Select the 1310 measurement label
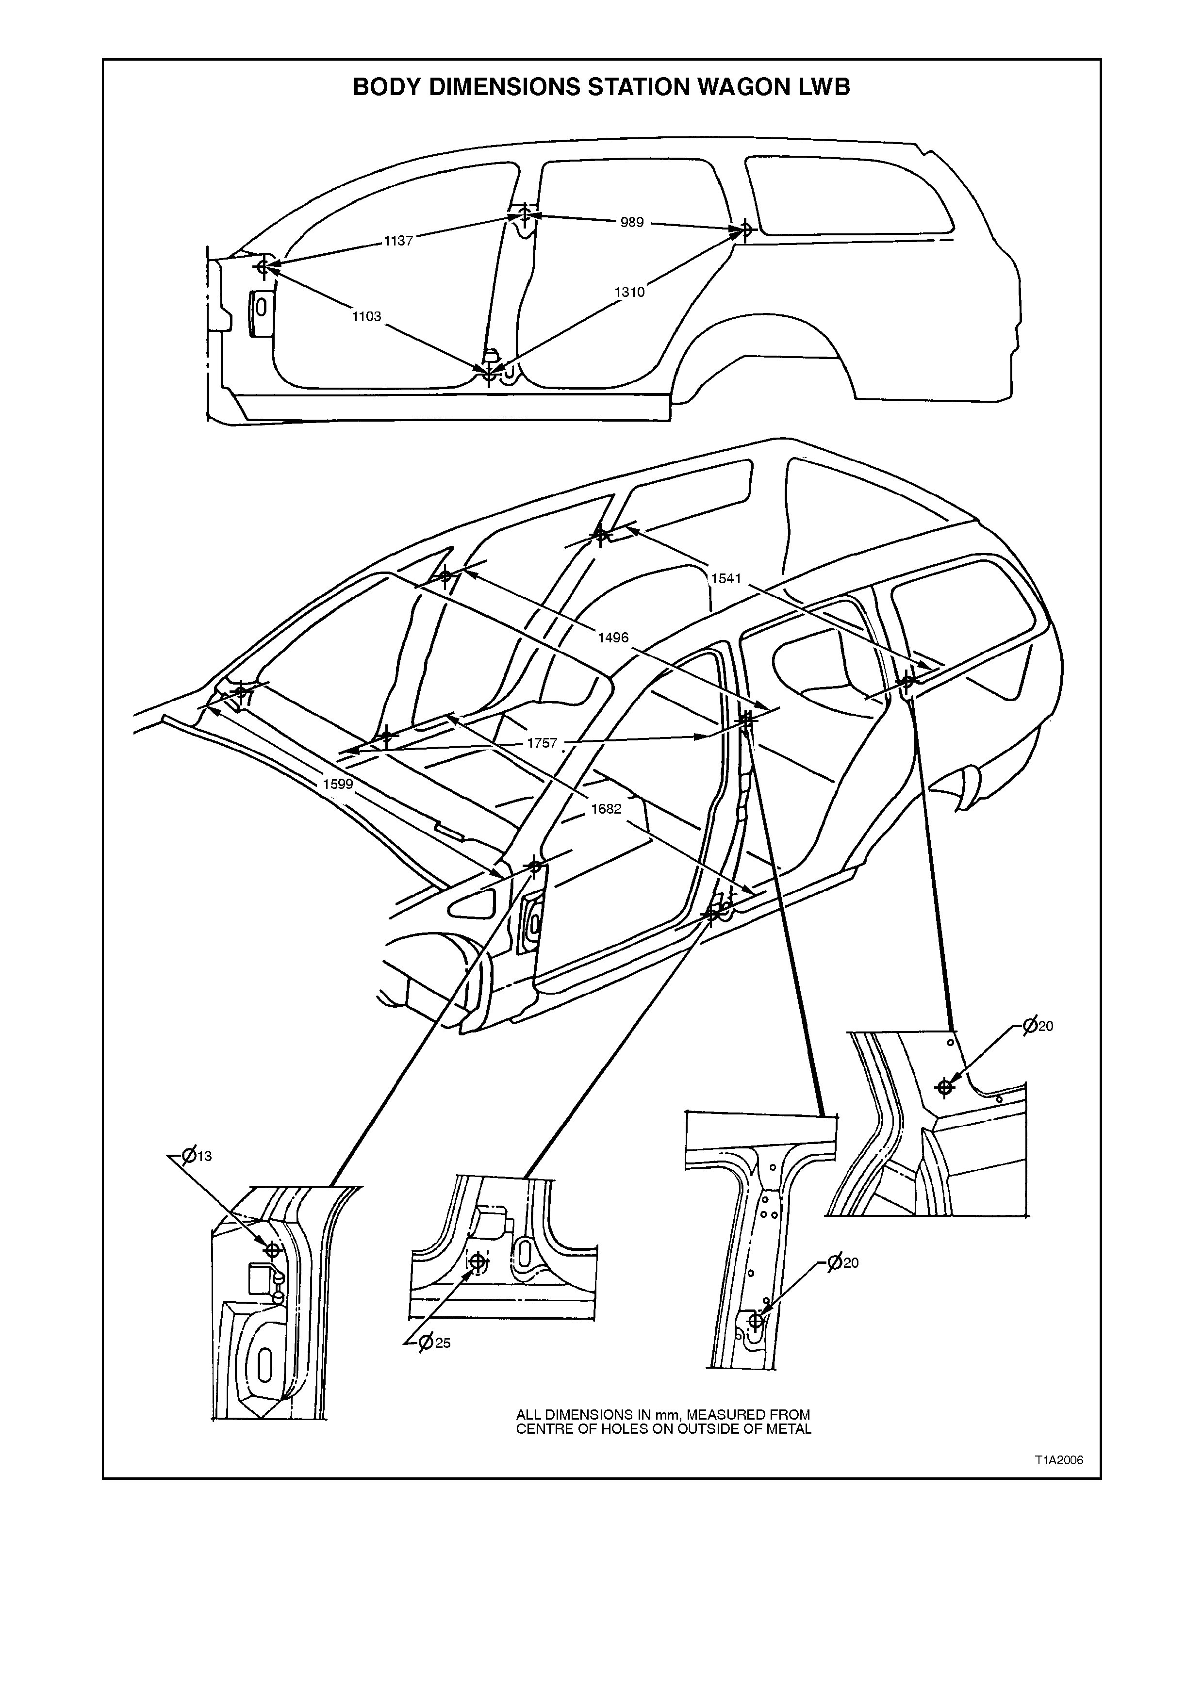(629, 292)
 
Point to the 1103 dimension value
(366, 316)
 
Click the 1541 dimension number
(725, 578)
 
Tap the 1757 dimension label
(542, 743)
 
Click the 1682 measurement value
(606, 809)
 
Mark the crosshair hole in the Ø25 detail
(478, 1261)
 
